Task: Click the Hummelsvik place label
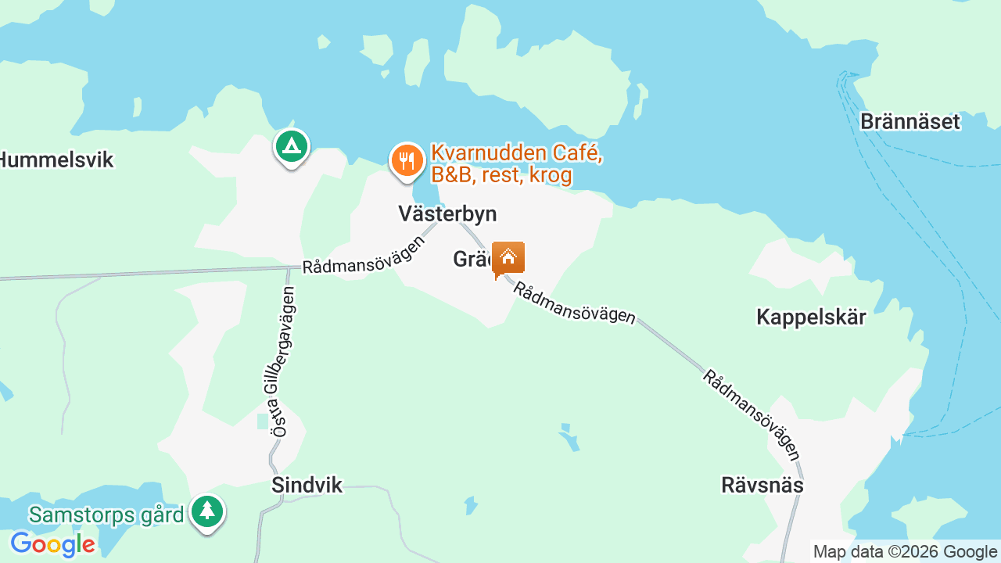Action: click(56, 160)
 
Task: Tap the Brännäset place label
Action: click(910, 122)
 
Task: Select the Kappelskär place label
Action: click(811, 317)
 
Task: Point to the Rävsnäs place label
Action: click(762, 486)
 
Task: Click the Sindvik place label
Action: click(307, 486)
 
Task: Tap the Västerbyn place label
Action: click(447, 214)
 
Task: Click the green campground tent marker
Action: click(292, 146)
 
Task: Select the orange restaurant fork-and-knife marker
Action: click(406, 161)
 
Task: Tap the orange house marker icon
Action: click(508, 257)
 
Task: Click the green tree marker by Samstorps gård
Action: click(207, 512)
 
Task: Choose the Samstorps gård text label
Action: click(106, 515)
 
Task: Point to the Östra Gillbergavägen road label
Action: click(282, 361)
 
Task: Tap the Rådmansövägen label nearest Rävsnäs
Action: click(751, 414)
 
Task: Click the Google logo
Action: click(52, 544)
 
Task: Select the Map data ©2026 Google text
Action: click(906, 552)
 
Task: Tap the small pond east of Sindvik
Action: click(470, 505)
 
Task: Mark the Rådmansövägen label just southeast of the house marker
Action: click(574, 303)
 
